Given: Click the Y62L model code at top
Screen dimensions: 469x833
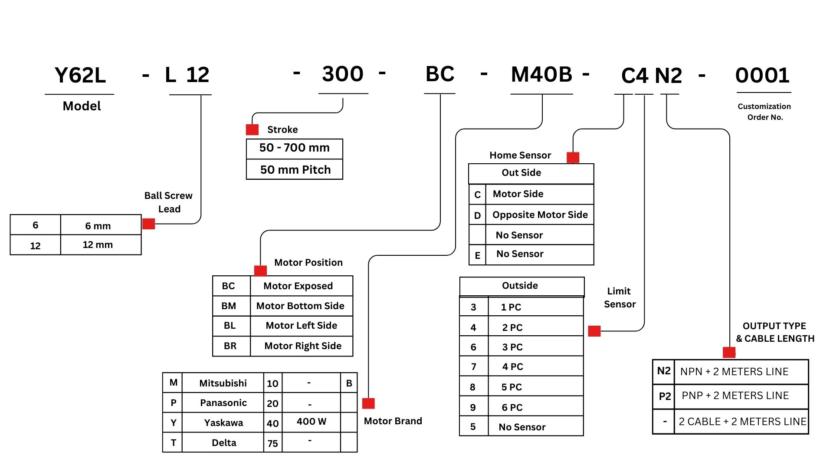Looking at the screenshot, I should [80, 75].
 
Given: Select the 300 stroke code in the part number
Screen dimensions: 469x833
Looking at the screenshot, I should [343, 74].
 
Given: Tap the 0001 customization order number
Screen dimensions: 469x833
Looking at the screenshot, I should [762, 76].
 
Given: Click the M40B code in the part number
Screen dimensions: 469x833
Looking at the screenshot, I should [541, 74].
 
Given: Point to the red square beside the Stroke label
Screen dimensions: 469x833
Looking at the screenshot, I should [252, 129].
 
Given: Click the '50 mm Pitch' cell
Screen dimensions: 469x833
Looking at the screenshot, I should [295, 170].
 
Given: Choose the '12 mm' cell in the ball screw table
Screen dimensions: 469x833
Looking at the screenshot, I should [98, 245].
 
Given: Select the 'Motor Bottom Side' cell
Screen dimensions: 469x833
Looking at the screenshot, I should [300, 306].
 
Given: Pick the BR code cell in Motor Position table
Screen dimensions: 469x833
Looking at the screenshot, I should [230, 346].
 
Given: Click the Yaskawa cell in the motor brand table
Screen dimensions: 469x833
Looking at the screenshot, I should [223, 423].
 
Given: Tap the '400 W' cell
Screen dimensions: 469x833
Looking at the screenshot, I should [312, 422].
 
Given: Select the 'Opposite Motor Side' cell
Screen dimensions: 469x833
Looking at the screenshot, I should [540, 215].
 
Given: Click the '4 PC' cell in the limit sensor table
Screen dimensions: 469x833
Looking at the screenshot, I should [512, 367].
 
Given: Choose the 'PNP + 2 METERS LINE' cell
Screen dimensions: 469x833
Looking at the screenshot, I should [735, 396].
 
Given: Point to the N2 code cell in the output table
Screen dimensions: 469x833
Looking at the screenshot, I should [664, 371].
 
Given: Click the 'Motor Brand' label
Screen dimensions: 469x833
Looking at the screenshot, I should [393, 421].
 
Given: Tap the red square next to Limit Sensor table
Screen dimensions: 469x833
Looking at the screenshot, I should [594, 331].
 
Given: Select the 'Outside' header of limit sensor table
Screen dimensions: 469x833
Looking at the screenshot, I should [520, 286].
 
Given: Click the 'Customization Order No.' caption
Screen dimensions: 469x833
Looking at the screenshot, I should [764, 112].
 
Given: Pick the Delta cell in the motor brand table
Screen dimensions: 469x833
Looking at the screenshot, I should [224, 443].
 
